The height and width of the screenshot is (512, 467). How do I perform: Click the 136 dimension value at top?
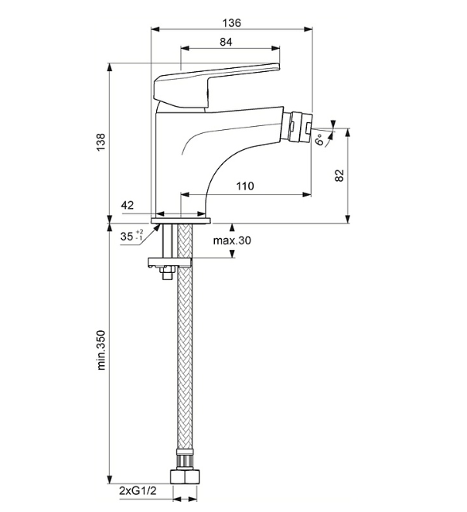[232, 22]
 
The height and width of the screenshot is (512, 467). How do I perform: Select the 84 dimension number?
[226, 43]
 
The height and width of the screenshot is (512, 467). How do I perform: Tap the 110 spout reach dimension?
[245, 186]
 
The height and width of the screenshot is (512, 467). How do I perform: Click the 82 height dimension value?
[339, 176]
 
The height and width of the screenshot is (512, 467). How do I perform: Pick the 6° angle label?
[319, 141]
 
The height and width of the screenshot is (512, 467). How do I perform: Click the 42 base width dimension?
[128, 205]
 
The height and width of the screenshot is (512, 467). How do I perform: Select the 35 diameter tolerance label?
[127, 237]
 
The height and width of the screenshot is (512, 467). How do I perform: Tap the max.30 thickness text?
[232, 241]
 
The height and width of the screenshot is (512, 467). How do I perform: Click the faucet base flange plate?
[181, 220]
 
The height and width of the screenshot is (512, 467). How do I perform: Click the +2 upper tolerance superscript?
[140, 232]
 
